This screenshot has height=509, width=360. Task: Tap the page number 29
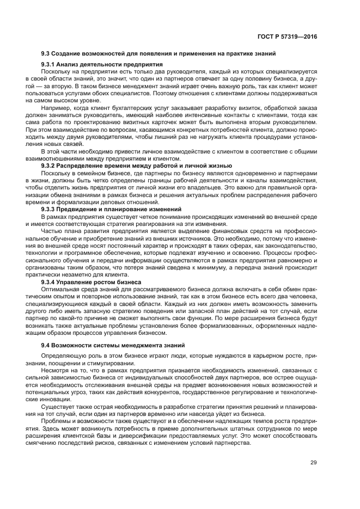click(313, 463)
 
